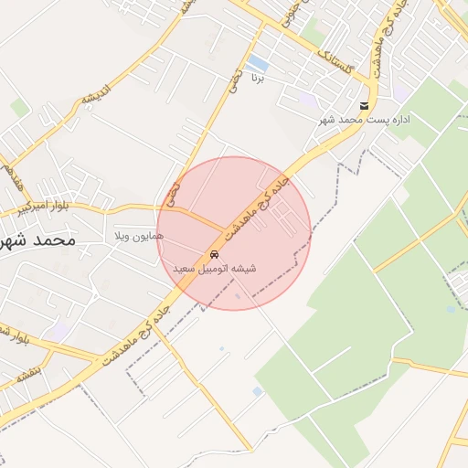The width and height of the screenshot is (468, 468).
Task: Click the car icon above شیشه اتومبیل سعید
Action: coord(214,253)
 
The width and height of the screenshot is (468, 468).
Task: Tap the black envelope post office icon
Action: coord(365,106)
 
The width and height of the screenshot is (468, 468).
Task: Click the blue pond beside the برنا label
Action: coord(259,63)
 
